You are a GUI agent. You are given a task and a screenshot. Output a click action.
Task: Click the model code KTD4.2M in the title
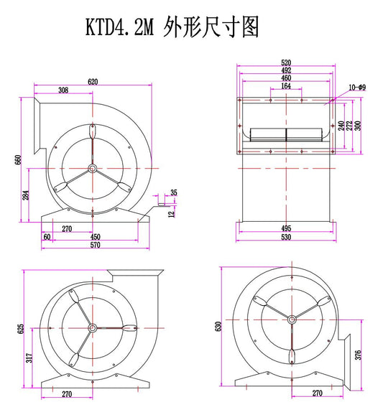120,27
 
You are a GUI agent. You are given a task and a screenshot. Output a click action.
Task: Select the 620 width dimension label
93,81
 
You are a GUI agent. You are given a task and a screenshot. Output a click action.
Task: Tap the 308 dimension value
63,90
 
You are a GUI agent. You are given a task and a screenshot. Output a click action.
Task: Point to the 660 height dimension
18,159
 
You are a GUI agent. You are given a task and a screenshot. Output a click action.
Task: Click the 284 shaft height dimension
26,195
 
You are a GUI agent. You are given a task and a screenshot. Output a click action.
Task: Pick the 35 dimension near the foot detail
174,192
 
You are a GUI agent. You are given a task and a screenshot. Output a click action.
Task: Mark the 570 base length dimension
95,245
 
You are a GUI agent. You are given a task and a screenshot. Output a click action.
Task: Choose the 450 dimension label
95,237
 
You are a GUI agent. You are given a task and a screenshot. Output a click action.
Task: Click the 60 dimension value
47,237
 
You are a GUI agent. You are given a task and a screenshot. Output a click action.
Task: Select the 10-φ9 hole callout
357,88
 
